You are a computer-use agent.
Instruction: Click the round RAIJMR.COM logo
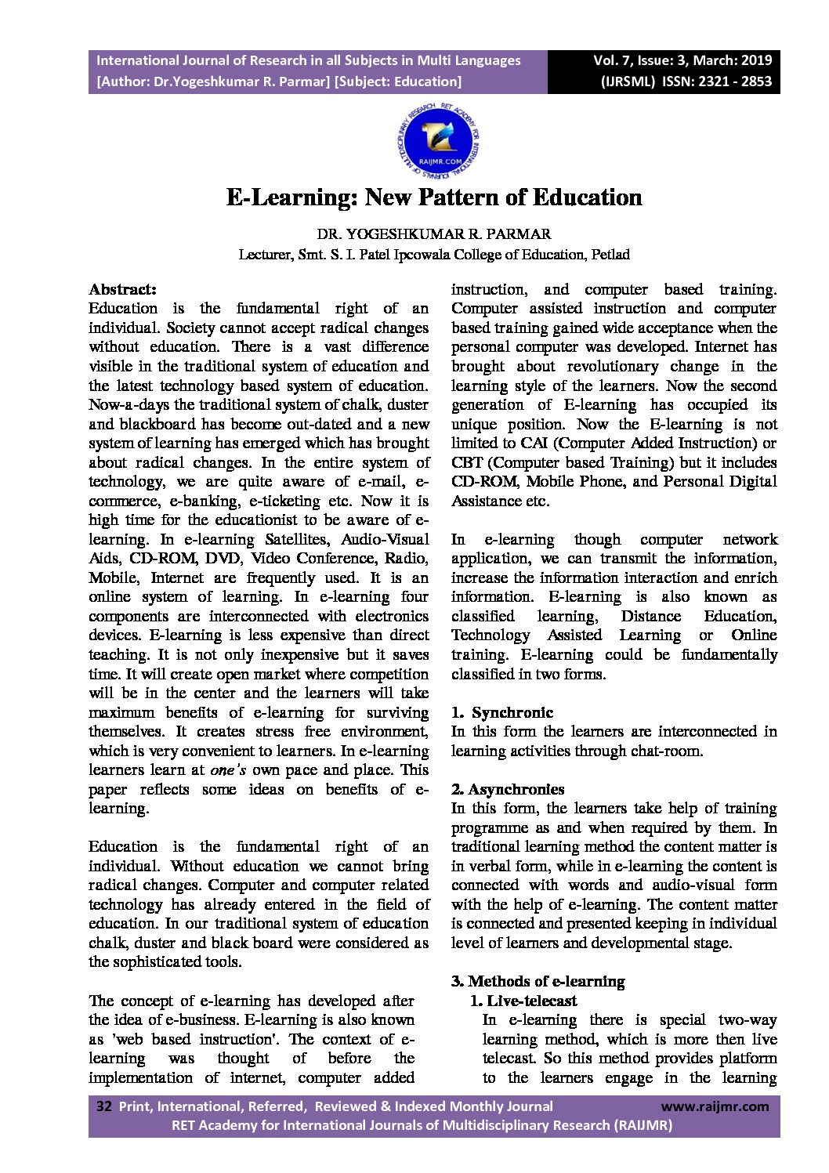tap(438, 143)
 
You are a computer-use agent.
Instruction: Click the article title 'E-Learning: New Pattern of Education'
tap(434, 197)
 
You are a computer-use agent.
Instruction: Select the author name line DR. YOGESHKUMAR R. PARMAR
tap(433, 234)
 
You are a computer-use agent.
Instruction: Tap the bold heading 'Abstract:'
tap(122, 289)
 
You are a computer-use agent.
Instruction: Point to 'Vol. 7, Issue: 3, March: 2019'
tap(682, 60)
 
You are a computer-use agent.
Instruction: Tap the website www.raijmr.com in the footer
tap(715, 1106)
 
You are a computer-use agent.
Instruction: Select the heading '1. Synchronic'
tap(502, 712)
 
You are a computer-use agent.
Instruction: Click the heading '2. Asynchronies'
tap(508, 789)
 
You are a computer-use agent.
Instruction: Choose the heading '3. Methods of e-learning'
tap(538, 981)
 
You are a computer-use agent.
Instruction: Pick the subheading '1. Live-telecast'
tap(523, 1001)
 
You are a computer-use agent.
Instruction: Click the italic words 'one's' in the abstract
tap(228, 770)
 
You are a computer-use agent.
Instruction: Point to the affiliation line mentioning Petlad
tap(433, 255)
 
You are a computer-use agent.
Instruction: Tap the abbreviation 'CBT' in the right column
tap(467, 462)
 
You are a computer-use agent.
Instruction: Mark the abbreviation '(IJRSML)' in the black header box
tap(628, 81)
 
